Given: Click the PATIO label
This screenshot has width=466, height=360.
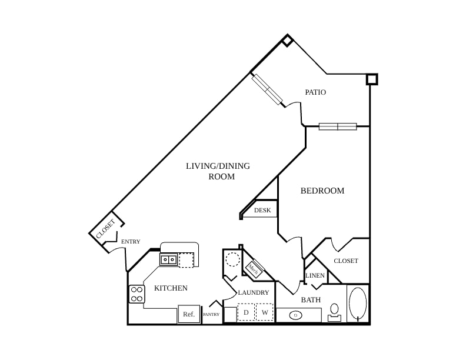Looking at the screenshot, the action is (315, 92).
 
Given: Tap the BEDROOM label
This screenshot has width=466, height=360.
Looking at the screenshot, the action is (322, 191).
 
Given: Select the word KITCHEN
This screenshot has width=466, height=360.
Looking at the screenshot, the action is (171, 288).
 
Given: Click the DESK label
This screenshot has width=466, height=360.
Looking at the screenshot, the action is (262, 210).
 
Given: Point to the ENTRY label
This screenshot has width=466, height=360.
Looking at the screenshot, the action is (131, 242).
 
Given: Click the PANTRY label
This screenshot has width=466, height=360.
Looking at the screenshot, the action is (211, 314).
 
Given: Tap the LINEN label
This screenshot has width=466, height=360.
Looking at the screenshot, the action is (315, 275).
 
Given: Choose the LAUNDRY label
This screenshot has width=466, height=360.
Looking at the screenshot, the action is (254, 292).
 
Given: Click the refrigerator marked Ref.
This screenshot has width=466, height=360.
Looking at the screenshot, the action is (189, 314).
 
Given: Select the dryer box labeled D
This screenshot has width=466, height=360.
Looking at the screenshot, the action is (246, 312).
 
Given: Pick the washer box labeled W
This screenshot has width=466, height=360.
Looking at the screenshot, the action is (265, 312).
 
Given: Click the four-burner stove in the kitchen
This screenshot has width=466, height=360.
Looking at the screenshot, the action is (137, 294).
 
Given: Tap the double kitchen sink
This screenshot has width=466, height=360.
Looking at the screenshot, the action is (168, 260).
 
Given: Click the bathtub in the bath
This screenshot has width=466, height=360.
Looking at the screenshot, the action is (358, 304).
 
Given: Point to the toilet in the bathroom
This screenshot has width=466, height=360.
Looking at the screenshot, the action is (335, 312).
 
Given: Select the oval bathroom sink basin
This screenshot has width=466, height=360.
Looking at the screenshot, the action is (295, 315).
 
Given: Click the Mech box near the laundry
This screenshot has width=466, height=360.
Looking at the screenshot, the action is (253, 270).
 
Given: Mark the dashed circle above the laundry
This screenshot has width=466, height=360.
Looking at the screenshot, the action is (232, 259).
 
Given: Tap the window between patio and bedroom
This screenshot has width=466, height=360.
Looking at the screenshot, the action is (338, 126).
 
